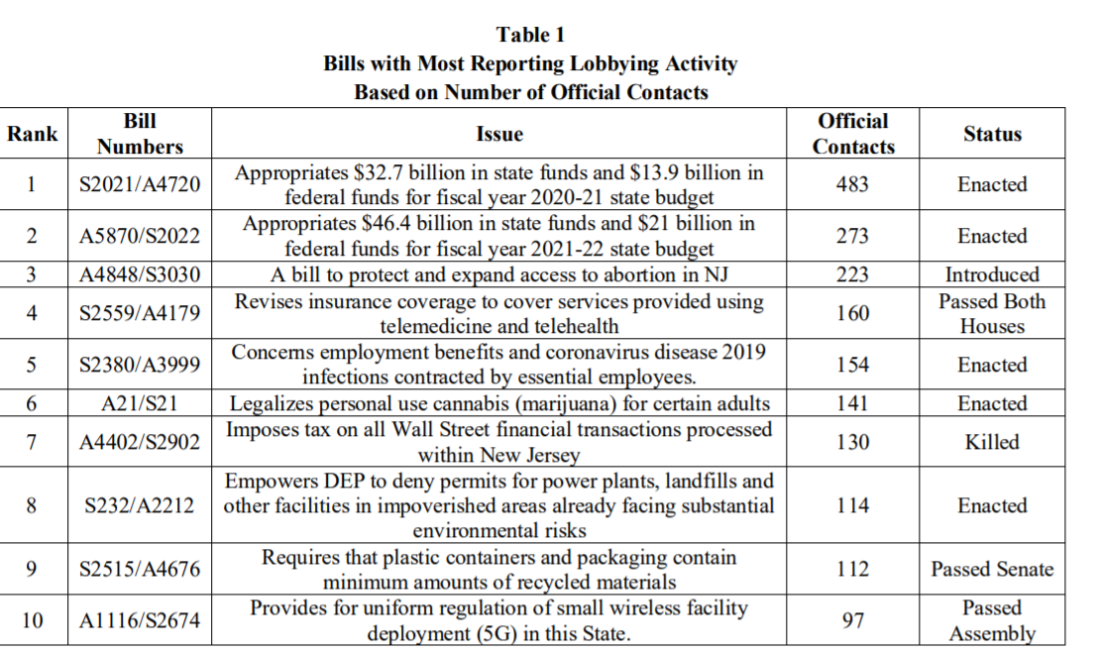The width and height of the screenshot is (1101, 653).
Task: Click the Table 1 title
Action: click(530, 35)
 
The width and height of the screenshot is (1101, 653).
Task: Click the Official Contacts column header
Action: click(853, 134)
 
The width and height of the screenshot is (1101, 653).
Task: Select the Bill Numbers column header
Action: click(140, 134)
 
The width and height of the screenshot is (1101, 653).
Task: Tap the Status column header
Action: click(992, 134)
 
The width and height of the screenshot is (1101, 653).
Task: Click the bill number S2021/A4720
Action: click(140, 185)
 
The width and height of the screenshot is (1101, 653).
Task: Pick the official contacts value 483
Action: click(852, 185)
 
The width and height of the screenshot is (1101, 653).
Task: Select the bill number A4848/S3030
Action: click(140, 275)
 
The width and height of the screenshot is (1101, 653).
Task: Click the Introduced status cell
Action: click(992, 275)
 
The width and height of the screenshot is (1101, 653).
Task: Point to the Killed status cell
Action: click(992, 442)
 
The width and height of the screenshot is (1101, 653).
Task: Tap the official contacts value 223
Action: click(852, 275)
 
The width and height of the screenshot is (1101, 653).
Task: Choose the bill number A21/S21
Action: click(140, 404)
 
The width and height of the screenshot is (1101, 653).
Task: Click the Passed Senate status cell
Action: click(992, 570)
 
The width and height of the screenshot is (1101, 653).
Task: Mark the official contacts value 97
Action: click(852, 621)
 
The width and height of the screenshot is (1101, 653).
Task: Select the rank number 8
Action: click(32, 505)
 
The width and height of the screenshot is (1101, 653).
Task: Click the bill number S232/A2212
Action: click(140, 505)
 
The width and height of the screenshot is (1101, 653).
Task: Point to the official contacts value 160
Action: click(852, 314)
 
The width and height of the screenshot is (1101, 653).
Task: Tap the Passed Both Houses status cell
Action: click(992, 314)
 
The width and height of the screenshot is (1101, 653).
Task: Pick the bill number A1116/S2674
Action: click(140, 621)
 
